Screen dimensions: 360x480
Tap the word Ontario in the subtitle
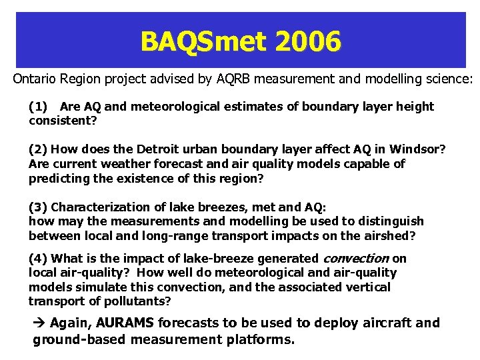(34, 79)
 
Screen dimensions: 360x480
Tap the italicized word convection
(356, 259)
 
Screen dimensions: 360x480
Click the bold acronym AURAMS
(125, 323)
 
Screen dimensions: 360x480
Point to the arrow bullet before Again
(39, 323)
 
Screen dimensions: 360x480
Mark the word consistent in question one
(61, 121)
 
